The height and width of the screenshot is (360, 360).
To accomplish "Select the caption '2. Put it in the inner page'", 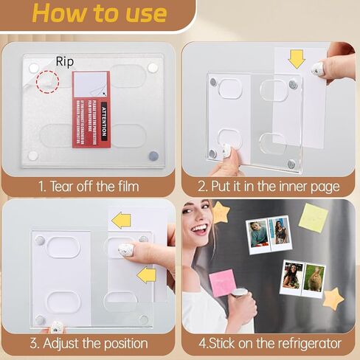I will click(x=270, y=187).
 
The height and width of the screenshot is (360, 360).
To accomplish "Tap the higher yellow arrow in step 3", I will click(x=121, y=219).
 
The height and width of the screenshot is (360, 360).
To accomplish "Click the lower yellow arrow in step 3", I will click(x=146, y=275).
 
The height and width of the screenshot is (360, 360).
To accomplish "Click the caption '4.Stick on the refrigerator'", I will click(x=270, y=343).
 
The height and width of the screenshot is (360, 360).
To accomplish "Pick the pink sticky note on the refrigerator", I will click(x=222, y=283).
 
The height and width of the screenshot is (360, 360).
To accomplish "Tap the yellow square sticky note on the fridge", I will click(x=314, y=218).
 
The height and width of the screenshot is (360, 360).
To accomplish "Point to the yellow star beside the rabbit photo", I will click(x=333, y=298).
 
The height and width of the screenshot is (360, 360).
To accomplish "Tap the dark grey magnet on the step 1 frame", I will click(x=153, y=156).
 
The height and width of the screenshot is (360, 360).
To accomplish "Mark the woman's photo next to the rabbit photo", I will click(x=291, y=281).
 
